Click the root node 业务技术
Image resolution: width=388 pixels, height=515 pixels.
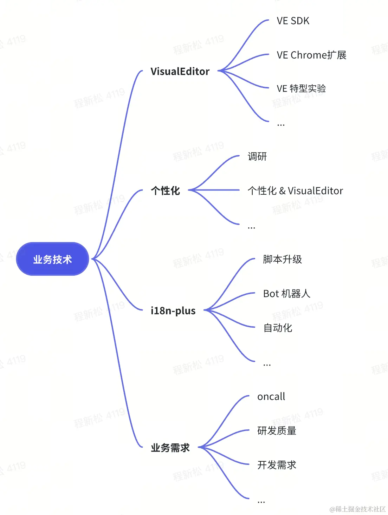(52, 259)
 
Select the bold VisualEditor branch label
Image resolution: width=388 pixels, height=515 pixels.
(180, 72)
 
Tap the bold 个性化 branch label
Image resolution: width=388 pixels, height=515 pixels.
(165, 191)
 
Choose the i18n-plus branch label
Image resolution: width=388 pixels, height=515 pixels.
(173, 311)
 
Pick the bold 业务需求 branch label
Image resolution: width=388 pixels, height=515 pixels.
(170, 448)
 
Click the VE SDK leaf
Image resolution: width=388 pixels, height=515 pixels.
(293, 21)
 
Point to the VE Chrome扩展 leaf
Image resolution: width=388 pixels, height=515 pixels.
(311, 55)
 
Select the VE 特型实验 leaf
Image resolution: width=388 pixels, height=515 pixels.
(301, 88)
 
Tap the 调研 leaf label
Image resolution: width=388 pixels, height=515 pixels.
(257, 156)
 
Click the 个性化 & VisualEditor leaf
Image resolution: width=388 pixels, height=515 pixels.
(295, 191)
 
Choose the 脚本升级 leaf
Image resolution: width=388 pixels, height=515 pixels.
(282, 260)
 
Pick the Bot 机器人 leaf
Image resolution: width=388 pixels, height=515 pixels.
(286, 294)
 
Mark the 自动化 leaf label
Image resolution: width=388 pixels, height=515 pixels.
(278, 328)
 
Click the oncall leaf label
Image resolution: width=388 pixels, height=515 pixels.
(271, 397)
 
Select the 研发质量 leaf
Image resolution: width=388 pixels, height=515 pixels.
(277, 431)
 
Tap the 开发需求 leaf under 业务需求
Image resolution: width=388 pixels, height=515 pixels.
(277, 465)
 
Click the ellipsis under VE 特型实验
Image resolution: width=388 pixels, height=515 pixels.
(281, 125)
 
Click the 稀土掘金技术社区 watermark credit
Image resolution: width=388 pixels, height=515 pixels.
(357, 509)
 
